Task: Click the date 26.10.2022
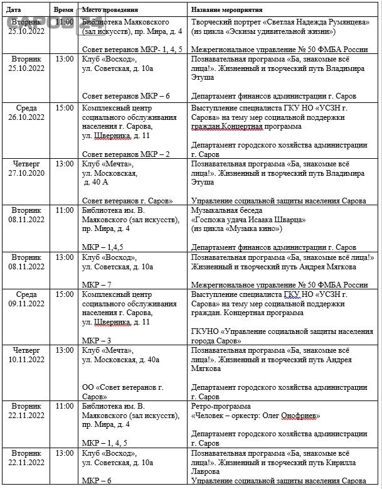[26, 117]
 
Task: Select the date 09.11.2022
[26, 303]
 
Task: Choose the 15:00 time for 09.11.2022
[63, 294]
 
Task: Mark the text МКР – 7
[97, 284]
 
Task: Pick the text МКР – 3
[97, 340]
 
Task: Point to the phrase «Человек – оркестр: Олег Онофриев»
[256, 416]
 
